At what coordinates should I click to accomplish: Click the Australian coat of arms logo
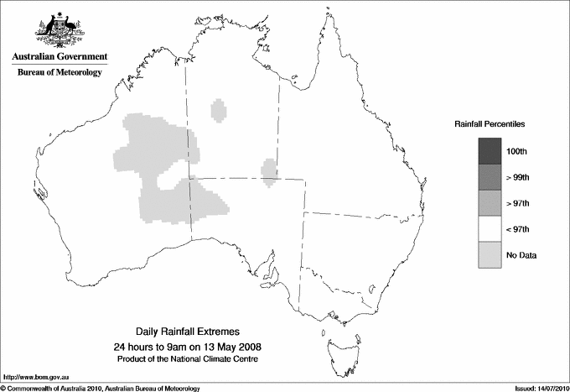(60, 29)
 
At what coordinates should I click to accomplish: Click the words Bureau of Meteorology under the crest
(60, 73)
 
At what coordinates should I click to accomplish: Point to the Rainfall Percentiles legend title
(490, 123)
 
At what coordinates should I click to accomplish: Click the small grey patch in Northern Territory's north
(220, 110)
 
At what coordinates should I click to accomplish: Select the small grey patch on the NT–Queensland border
(270, 170)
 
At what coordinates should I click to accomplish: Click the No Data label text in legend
(521, 255)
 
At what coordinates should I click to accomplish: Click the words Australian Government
(60, 56)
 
